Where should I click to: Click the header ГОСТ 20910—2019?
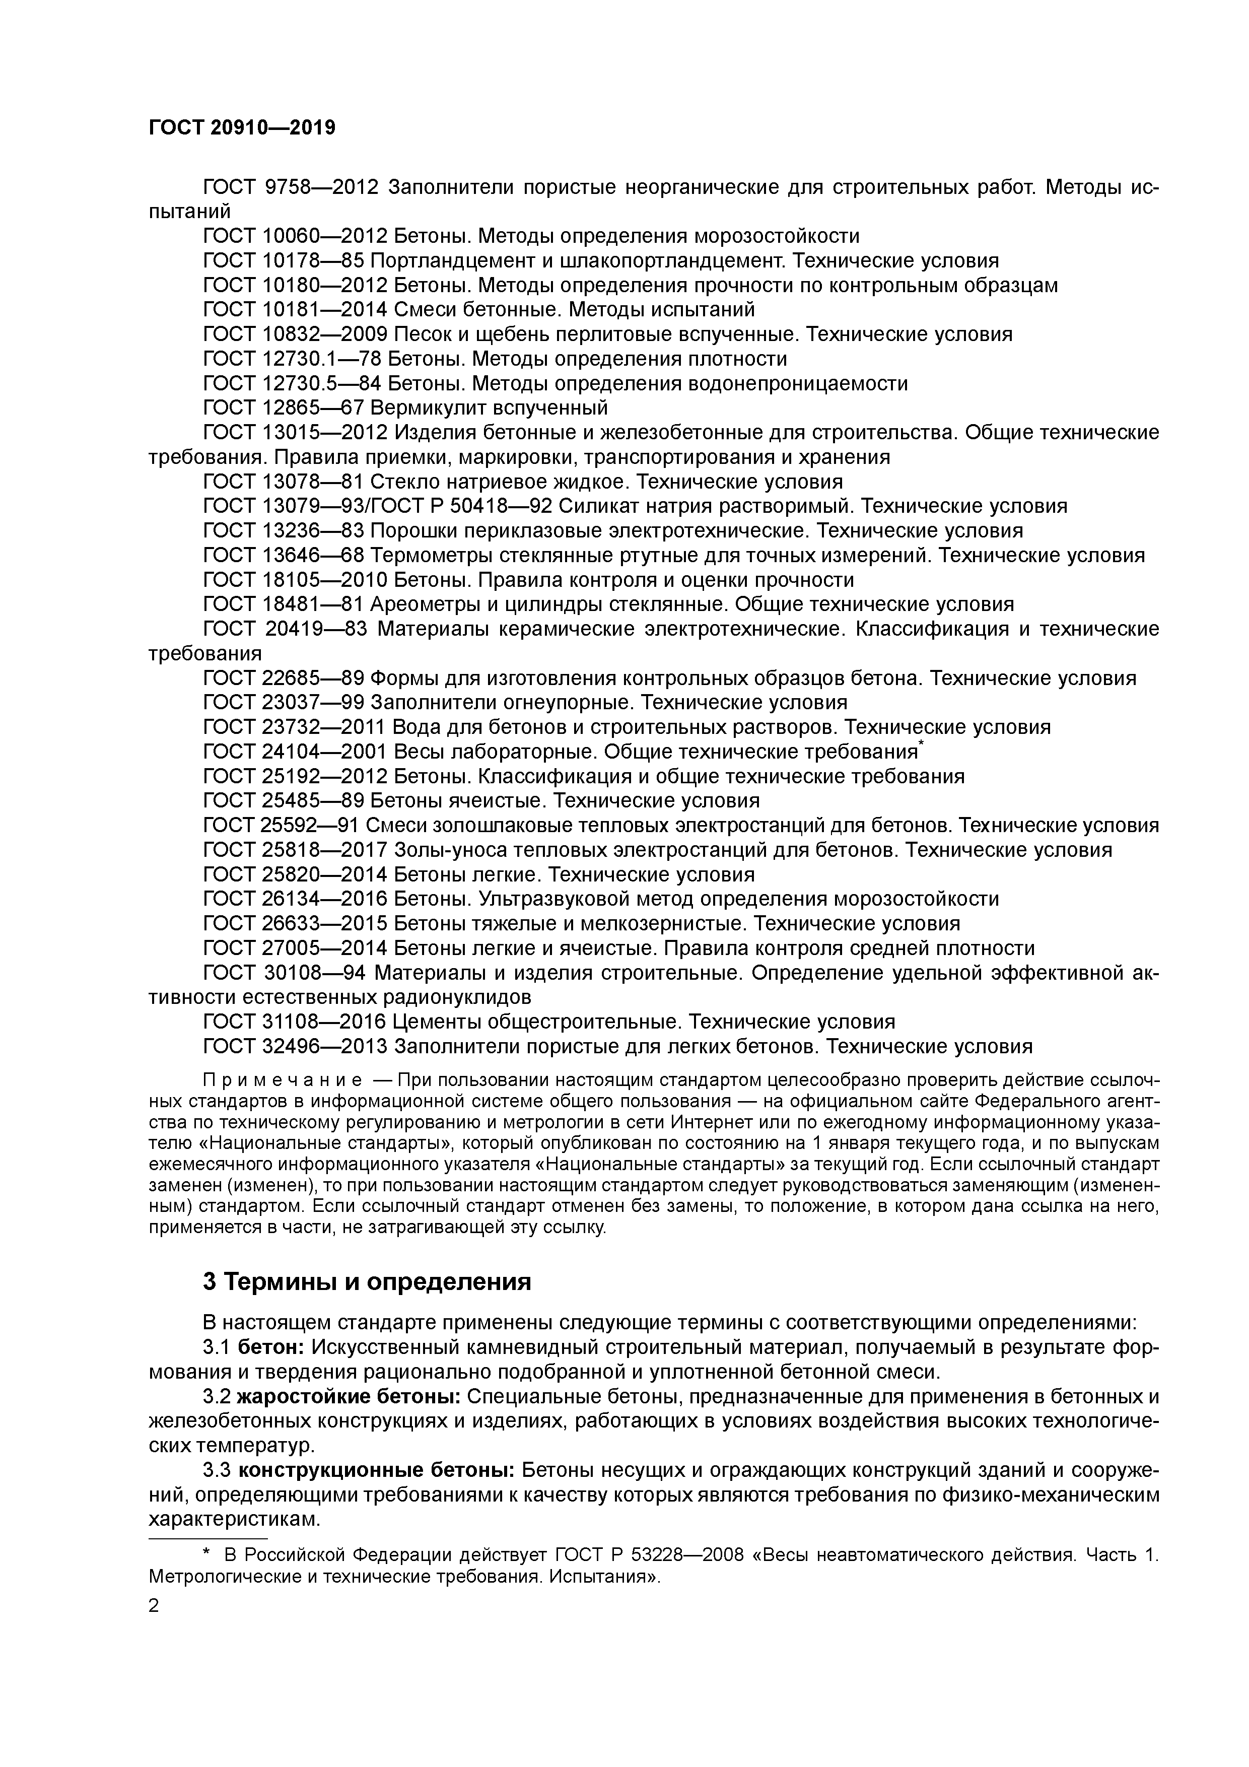pos(242,128)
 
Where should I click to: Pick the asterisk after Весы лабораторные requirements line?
pos(922,744)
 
